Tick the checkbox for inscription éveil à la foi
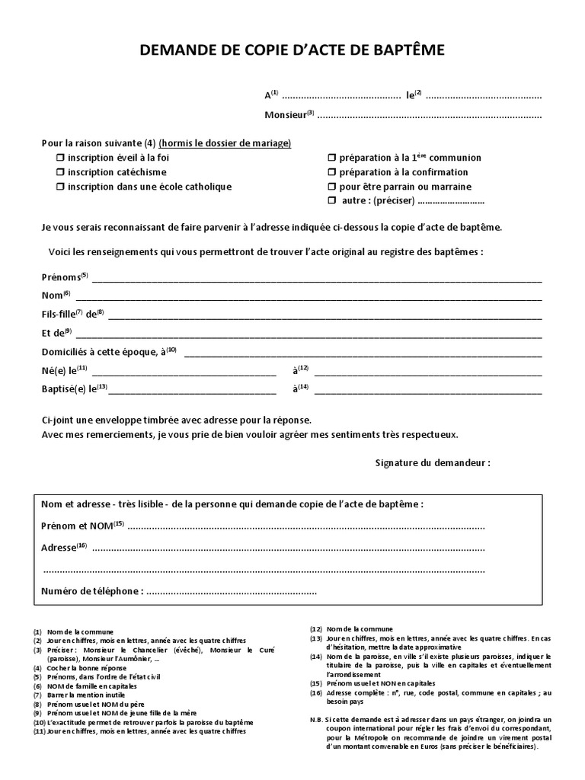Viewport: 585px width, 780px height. [x=60, y=158]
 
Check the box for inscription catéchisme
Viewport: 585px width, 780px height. [x=60, y=172]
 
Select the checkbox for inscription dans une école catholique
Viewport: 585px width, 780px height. [x=60, y=187]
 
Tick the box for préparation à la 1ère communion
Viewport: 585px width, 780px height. [x=332, y=158]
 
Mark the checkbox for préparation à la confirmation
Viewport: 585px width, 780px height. [x=332, y=172]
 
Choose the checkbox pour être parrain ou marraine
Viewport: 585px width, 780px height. [x=332, y=187]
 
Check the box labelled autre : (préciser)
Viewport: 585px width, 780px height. [x=332, y=201]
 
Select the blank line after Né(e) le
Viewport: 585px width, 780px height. [x=184, y=372]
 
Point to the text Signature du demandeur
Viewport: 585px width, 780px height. [x=433, y=463]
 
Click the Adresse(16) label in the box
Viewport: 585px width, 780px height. [x=59, y=548]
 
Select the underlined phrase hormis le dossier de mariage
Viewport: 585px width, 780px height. [x=225, y=143]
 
